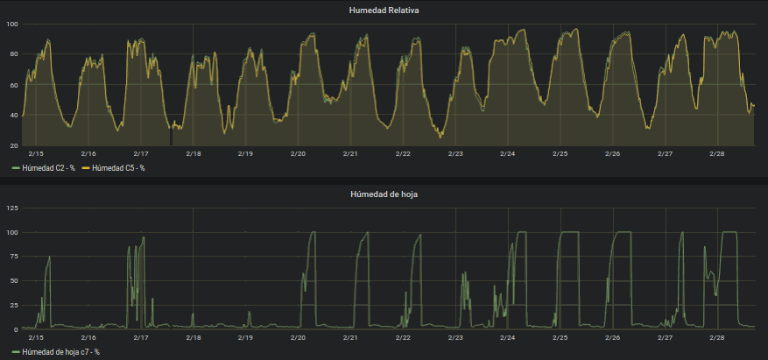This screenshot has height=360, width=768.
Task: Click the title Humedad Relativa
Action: [x=384, y=11]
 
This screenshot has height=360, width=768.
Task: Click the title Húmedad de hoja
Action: [x=384, y=194]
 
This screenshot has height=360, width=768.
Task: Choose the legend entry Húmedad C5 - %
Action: [x=115, y=167]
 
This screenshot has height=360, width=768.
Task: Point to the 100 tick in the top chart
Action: [x=11, y=24]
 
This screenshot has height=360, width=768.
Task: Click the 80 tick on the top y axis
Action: [x=13, y=54]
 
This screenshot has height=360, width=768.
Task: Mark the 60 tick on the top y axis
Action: [x=13, y=85]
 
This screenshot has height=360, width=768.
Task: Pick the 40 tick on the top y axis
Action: [x=13, y=116]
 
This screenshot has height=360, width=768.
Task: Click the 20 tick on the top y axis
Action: [x=13, y=145]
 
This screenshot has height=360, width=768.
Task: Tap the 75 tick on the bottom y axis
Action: [x=13, y=257]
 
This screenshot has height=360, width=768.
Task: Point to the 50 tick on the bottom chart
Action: [x=13, y=281]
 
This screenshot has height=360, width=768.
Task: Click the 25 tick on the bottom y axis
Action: [x=13, y=305]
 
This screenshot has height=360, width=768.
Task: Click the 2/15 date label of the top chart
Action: [x=36, y=153]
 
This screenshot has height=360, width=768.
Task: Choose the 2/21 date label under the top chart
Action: [x=350, y=153]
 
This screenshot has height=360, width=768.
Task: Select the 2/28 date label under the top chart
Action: [x=717, y=153]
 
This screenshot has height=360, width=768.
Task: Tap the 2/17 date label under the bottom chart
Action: [x=140, y=337]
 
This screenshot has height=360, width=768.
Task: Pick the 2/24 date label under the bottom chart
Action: [x=508, y=337]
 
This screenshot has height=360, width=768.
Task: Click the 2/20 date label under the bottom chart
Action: [x=298, y=337]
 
